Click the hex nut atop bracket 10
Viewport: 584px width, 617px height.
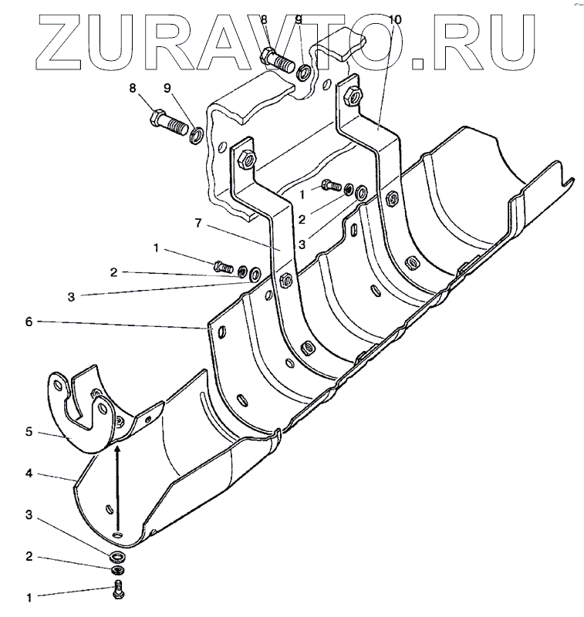[353, 95]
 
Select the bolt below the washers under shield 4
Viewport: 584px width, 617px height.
[118, 590]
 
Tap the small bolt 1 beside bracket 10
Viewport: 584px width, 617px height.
[331, 184]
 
